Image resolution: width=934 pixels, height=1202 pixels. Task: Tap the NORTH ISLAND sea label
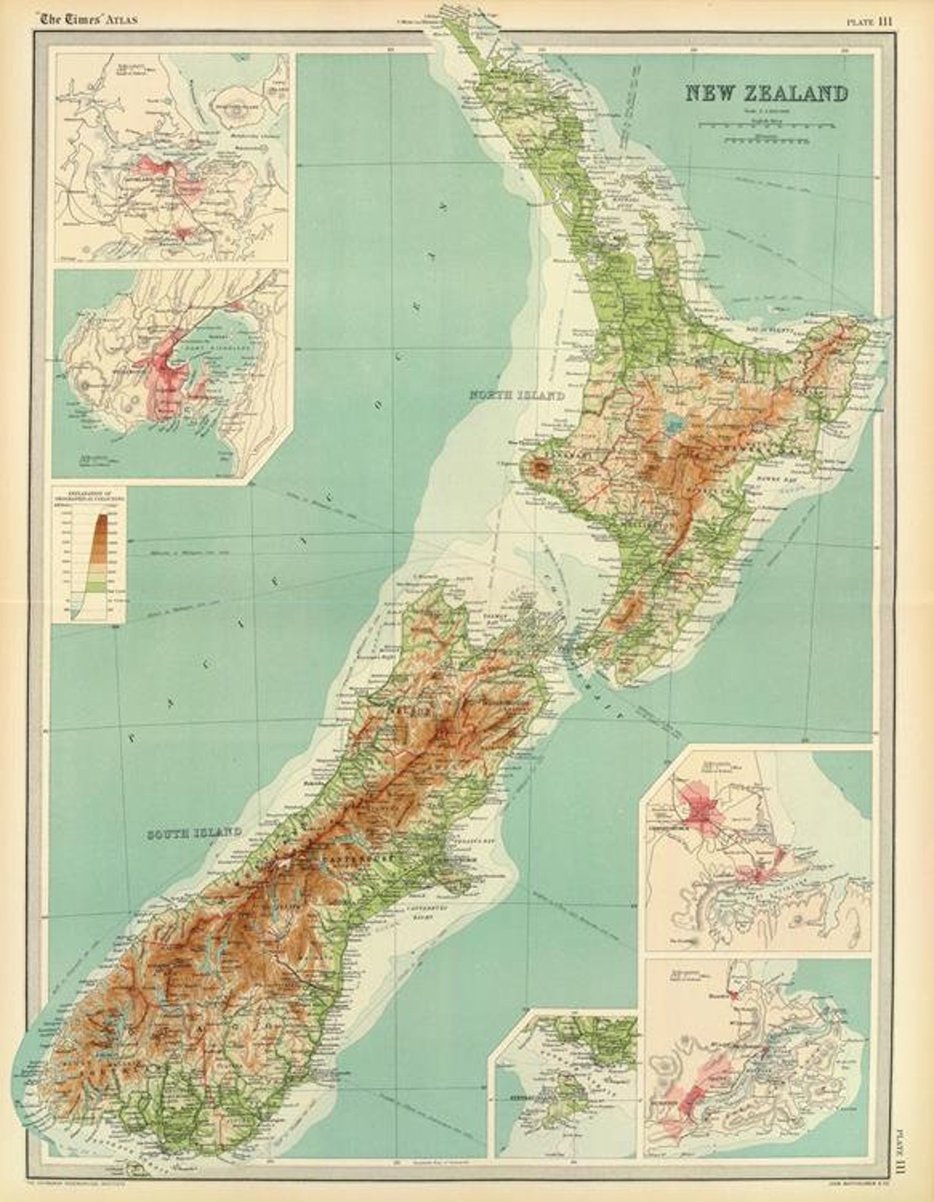tap(516, 395)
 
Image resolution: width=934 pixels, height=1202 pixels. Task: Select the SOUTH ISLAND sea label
tap(194, 832)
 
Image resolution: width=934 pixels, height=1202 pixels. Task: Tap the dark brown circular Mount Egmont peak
tap(539, 468)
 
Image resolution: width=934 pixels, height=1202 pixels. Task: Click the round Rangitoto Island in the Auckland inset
tap(239, 109)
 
